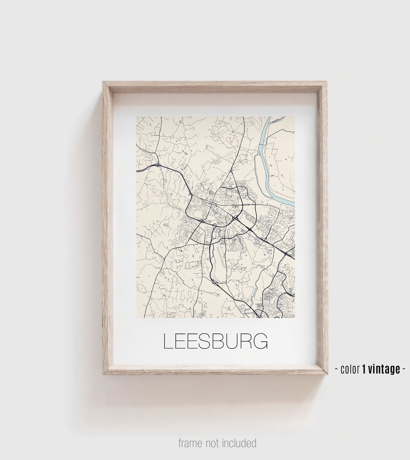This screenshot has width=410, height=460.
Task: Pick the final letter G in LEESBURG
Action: [x=260, y=341]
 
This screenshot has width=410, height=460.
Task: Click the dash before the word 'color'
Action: [x=337, y=369]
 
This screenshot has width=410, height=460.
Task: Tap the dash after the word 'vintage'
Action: [x=404, y=369]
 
